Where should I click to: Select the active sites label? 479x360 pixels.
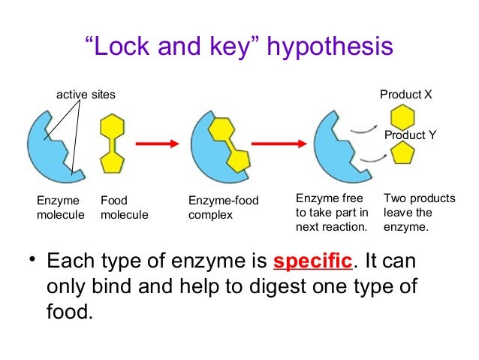[x=86, y=95]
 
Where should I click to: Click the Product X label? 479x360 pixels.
[x=405, y=95]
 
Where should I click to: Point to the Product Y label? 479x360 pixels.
[x=411, y=135]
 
